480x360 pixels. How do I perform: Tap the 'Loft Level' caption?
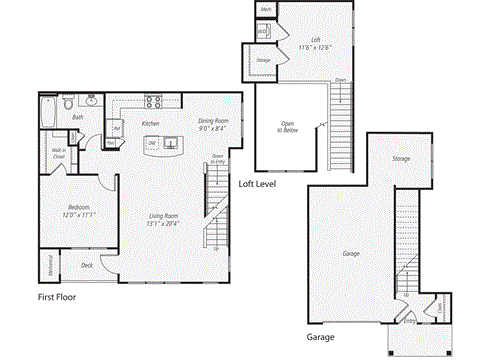[258, 183]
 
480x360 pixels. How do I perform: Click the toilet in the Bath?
[67, 102]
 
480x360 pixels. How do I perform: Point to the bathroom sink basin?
[91, 101]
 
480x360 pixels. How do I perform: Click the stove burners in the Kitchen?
[156, 100]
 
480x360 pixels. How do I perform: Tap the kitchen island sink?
[153, 144]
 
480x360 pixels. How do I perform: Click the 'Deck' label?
[87, 265]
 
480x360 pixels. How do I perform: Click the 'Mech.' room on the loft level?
[266, 10]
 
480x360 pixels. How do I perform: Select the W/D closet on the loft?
[263, 32]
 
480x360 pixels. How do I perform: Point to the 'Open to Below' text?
[293, 126]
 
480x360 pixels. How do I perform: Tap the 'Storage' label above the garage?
[401, 159]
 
